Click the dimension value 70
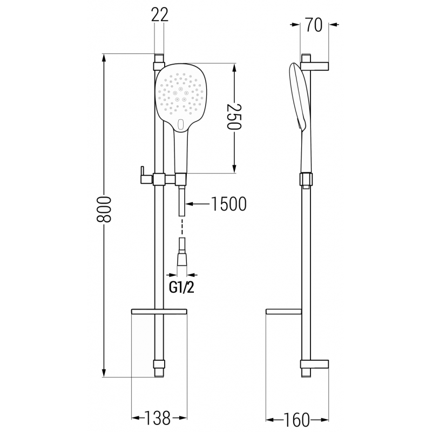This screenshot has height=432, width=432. (x=314, y=25)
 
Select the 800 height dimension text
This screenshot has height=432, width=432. (x=106, y=215)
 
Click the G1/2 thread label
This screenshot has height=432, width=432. (x=181, y=288)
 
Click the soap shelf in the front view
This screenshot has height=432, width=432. (x=159, y=312)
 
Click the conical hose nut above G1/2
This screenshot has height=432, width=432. (x=183, y=260)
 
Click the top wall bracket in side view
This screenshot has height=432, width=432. (x=316, y=65)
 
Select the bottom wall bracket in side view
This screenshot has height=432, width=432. (x=315, y=367)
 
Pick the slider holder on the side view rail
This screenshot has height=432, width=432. (x=306, y=179)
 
